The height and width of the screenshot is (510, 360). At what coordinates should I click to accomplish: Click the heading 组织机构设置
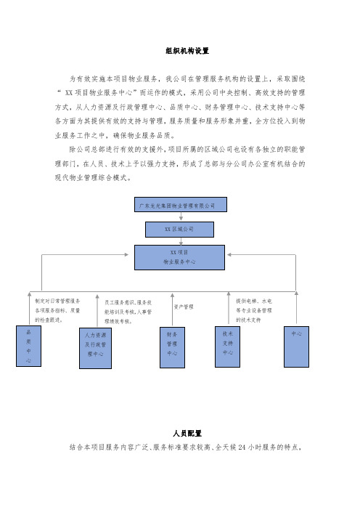187,51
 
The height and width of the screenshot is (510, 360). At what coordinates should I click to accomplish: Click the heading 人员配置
187,433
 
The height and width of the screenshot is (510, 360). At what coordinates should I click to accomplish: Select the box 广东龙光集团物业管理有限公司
181,205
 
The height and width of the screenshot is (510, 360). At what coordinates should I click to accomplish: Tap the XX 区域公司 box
179,230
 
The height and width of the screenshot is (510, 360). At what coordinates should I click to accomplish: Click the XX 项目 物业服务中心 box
180,258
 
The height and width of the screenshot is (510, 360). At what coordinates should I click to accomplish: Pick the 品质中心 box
28,346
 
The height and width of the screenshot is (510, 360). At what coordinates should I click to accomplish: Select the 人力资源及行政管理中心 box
96,348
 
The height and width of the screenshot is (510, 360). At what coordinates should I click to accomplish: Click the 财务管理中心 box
172,347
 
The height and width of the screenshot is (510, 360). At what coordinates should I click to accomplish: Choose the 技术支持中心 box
227,347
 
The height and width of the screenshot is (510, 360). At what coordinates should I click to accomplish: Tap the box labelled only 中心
296,347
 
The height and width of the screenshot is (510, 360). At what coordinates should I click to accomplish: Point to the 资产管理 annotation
184,307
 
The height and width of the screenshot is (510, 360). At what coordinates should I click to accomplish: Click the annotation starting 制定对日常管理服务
57,311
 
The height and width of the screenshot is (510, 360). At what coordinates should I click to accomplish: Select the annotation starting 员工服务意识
128,312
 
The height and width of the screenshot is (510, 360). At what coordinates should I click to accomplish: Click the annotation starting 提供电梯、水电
254,311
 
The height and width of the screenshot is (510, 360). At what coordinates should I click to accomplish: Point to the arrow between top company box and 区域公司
181,217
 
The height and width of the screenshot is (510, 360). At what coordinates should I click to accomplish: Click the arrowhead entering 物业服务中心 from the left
127,255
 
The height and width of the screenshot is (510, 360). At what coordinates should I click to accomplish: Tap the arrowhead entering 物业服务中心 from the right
229,255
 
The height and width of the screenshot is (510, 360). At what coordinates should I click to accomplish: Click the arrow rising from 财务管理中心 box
172,309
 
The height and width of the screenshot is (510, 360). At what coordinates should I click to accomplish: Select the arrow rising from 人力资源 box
97,311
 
